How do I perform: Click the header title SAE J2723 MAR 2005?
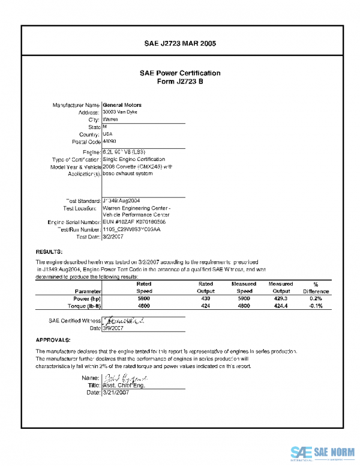[180, 44]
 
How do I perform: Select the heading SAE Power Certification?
[180, 73]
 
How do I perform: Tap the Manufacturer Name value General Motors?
[122, 105]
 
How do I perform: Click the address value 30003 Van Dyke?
[121, 112]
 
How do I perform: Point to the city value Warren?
[110, 120]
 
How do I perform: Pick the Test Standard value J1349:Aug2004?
[122, 201]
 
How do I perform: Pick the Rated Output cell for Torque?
[206, 306]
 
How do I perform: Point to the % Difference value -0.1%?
[316, 306]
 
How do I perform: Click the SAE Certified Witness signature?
[123, 321]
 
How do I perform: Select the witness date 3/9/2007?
[113, 328]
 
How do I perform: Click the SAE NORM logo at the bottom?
[323, 453]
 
